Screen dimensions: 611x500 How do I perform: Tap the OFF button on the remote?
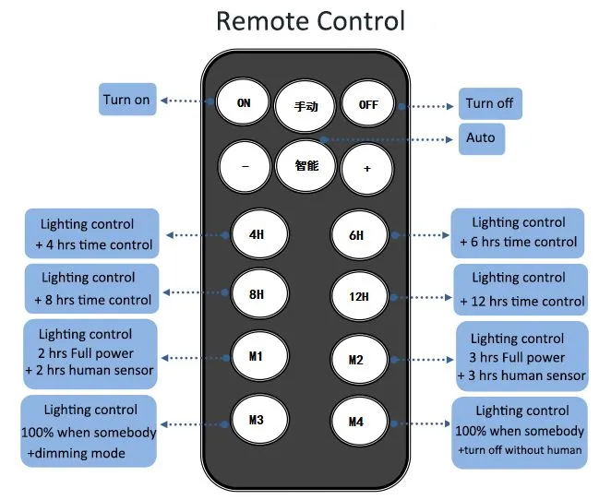click(x=367, y=104)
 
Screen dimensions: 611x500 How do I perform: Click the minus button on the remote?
click(x=245, y=167)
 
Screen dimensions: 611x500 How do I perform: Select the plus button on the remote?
click(x=366, y=169)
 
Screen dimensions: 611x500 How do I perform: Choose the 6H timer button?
click(x=359, y=235)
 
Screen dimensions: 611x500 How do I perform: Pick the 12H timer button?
click(x=359, y=297)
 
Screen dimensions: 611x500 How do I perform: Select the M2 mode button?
click(x=359, y=360)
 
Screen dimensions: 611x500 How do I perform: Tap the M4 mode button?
click(x=359, y=422)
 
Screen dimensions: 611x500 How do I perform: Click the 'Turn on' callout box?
click(x=127, y=100)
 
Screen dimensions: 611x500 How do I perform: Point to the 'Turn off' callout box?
click(x=490, y=103)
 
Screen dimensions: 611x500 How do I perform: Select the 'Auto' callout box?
click(x=482, y=139)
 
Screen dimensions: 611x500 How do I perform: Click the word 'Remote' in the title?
click(x=263, y=21)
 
